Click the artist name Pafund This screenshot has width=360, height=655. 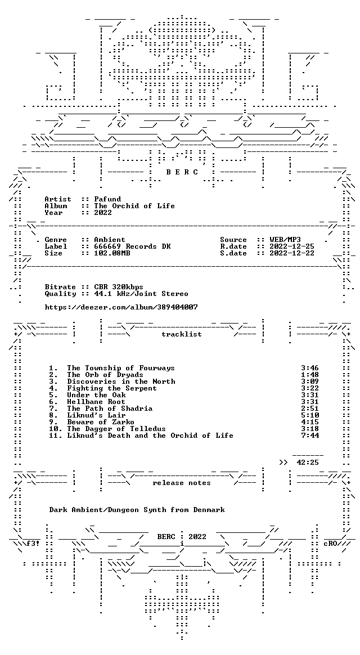click(107, 199)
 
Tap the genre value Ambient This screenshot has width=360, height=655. click(110, 240)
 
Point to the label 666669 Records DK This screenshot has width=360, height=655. click(132, 246)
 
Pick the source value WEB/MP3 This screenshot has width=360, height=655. click(285, 240)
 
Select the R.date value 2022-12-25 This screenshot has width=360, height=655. click(292, 246)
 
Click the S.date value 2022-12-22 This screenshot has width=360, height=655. click(292, 253)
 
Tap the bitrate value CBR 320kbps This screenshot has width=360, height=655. click(119, 287)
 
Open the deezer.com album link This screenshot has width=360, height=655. click(121, 307)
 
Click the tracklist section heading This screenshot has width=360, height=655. click(182, 334)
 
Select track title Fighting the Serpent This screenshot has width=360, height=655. click(112, 388)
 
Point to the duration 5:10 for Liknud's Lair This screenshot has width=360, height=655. click(310, 415)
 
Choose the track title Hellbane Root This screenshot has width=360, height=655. click(96, 402)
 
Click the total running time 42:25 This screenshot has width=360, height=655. click(307, 463)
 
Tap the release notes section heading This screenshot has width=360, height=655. click(182, 483)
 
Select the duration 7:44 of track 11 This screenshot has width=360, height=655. click(310, 436)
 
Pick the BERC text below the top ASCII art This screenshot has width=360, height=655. click(182, 172)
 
